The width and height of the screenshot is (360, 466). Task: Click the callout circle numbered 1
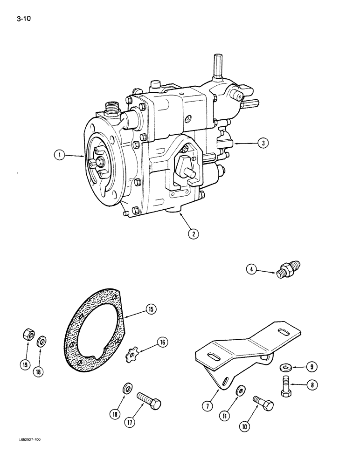(60, 157)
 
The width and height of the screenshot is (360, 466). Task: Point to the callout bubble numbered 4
(251, 269)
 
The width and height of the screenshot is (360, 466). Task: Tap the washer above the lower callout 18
(126, 388)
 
